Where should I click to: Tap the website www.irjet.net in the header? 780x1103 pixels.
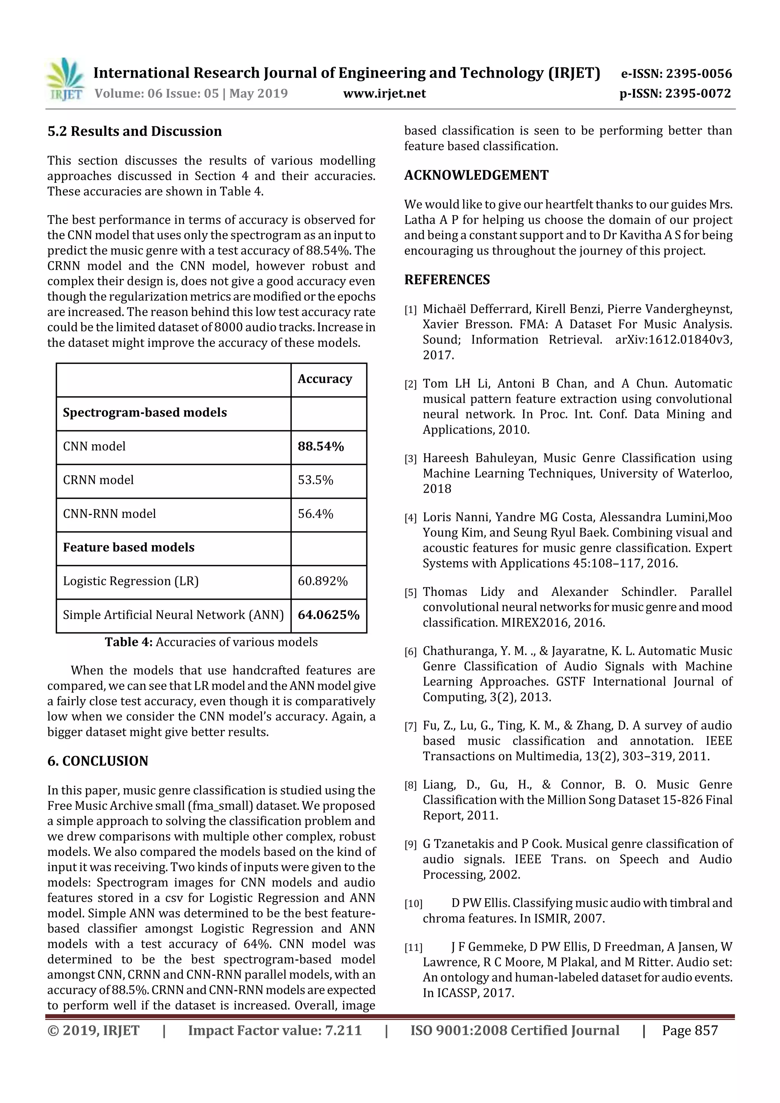coord(384,93)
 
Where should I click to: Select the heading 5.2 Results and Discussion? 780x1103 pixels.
coord(134,131)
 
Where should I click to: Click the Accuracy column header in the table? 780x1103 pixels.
coord(324,379)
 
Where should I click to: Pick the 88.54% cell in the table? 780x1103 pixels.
coord(321,446)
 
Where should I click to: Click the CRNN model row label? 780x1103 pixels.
coord(99,480)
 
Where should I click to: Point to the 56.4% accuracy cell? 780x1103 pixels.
coord(315,514)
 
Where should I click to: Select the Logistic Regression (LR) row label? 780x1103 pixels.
coord(131,581)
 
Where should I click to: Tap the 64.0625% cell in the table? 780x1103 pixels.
coord(328,615)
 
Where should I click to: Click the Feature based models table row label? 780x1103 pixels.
coord(128,547)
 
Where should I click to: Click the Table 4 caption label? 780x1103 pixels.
coord(129,642)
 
